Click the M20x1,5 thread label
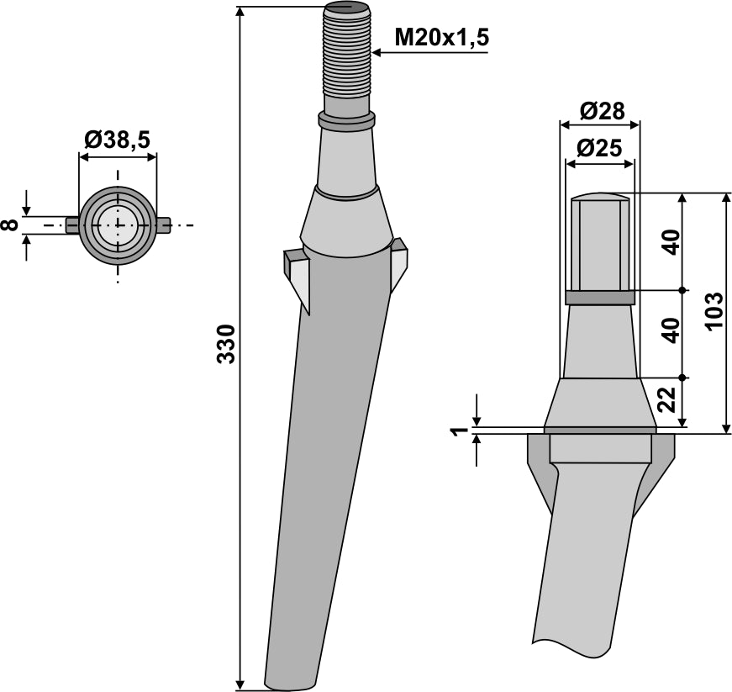coord(441,37)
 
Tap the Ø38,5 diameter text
coord(117,140)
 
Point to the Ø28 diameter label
coord(600,110)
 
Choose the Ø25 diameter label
coord(600,149)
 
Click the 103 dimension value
coord(714,312)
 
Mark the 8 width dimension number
coord(9,225)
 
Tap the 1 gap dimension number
coord(459,431)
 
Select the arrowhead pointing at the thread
coord(376,53)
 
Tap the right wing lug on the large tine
coord(398,262)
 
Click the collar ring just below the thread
coord(345,121)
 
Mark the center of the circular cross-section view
coord(118,225)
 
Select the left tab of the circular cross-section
coord(72,225)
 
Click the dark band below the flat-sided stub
coord(599,298)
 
